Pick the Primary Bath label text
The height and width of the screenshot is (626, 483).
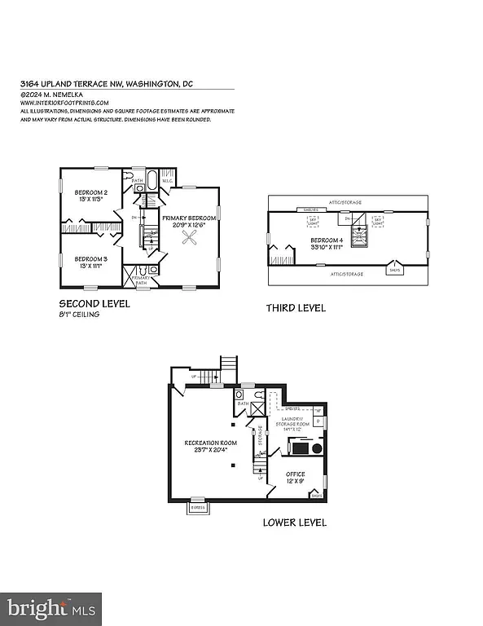coord(143,281)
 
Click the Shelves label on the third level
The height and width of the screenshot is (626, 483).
coord(310,209)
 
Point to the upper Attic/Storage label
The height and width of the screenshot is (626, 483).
coord(346,201)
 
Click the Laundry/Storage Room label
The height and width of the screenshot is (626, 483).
coord(295,423)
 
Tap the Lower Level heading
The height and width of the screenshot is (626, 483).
coord(294,522)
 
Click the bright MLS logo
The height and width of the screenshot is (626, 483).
coord(50,606)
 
